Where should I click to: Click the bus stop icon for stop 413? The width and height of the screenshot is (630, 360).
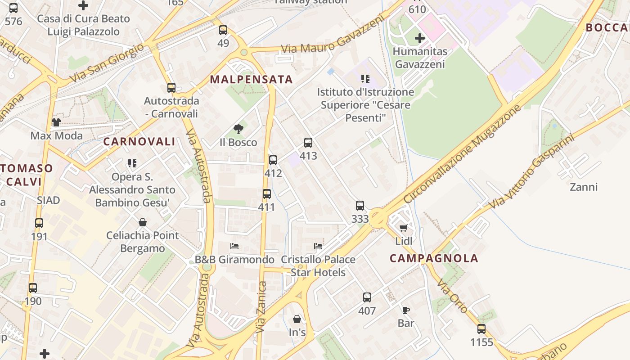coord(308,143)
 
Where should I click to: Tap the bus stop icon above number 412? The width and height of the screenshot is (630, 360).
coord(273,160)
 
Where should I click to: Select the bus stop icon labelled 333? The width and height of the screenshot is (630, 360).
coord(360,206)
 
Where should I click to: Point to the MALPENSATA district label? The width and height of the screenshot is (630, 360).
coord(252,80)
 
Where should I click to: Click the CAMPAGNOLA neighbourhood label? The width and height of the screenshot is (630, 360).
coord(434,258)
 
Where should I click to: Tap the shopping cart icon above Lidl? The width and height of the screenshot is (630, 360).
coord(404,228)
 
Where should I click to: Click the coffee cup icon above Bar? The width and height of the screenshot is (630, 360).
coord(405,310)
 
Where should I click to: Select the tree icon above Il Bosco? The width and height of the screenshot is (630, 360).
coord(238,130)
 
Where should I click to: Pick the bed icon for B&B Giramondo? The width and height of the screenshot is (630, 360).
coord(234,246)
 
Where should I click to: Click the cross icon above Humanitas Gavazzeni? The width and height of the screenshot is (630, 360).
coord(420,38)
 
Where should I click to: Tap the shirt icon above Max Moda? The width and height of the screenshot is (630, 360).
coord(56,122)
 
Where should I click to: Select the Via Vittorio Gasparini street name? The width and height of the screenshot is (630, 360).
coord(532,171)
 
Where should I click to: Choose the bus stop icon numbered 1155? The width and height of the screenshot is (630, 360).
coord(481,329)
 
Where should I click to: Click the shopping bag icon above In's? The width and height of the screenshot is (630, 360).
coord(297,319)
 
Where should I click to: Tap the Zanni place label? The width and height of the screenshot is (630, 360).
coord(584,187)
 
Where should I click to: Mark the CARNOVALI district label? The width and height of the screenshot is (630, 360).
coord(139,141)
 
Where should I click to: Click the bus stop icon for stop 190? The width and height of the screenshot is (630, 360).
coord(33,288)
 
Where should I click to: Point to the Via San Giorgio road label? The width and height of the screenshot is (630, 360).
coord(107,63)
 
